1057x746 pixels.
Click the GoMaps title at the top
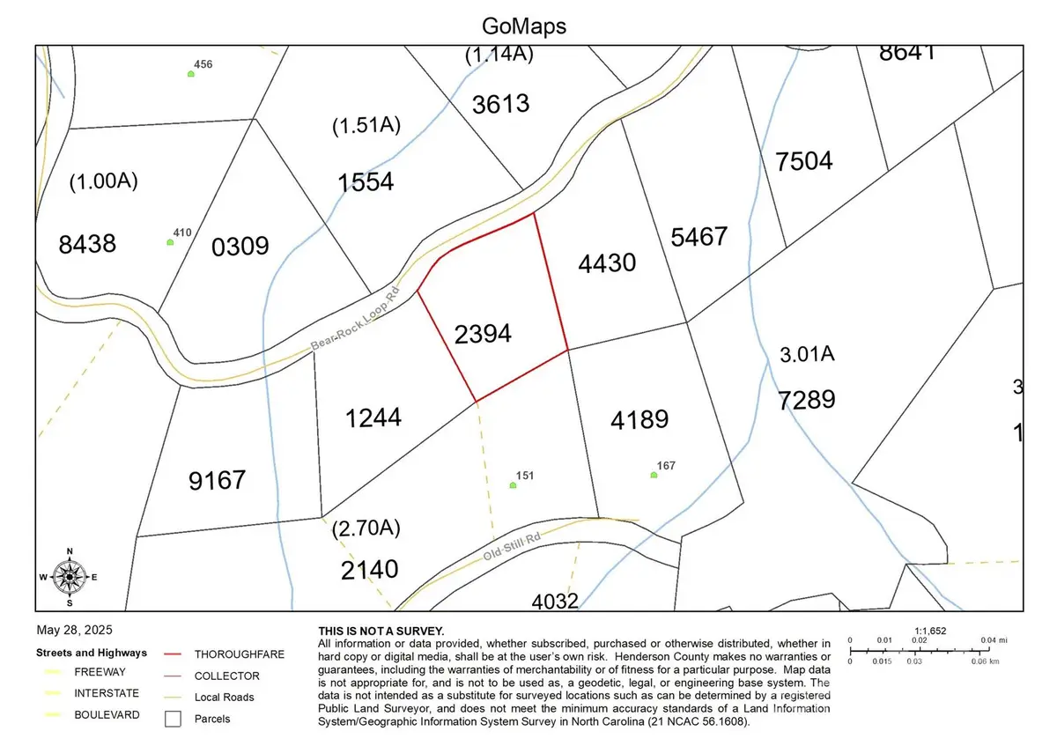524,26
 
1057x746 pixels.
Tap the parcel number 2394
483,334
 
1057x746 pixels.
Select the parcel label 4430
607,262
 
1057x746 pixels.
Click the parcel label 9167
217,481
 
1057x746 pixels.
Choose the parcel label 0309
240,246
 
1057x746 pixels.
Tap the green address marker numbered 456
191,74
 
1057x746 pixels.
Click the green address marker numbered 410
170,242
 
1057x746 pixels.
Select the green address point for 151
514,485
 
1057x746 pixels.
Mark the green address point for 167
654,475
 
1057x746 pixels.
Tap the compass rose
70,578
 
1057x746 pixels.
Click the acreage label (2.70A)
366,529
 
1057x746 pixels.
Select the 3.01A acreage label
807,355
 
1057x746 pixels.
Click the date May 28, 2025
75,631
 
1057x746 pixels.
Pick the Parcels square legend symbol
174,719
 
